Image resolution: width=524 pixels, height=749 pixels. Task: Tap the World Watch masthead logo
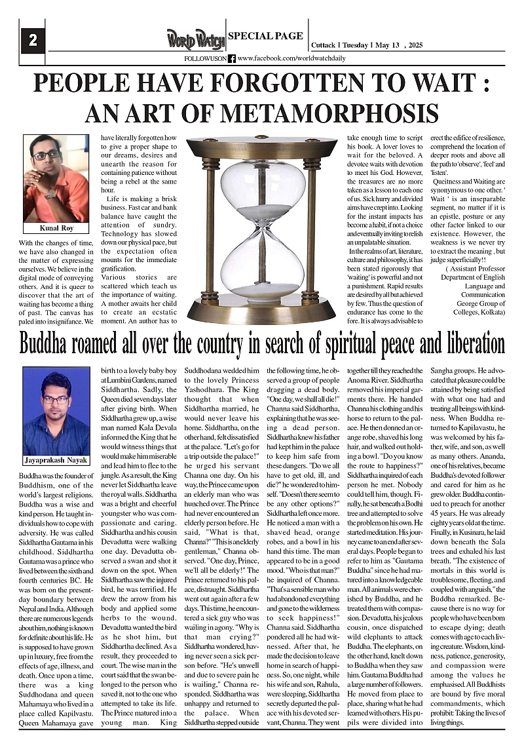195,40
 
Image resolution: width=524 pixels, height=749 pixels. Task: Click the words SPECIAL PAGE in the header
265,36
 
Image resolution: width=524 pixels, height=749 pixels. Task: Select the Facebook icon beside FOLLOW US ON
232,58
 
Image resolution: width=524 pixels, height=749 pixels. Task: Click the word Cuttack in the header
322,45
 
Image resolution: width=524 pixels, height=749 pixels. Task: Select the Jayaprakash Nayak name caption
56,460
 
